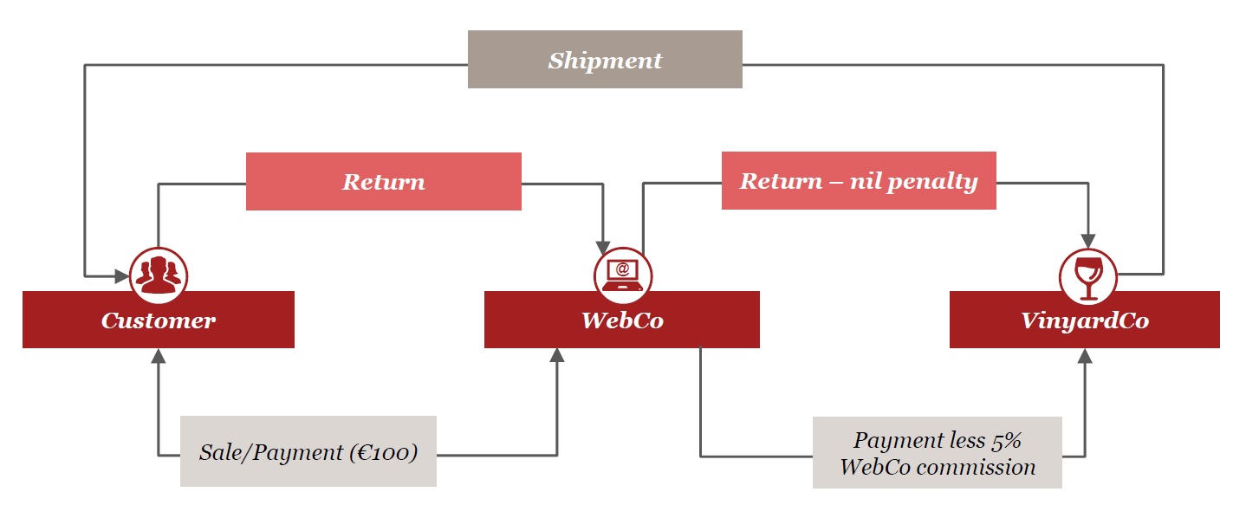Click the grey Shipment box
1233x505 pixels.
605,60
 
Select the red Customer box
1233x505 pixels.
159,320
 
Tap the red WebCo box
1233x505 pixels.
621,320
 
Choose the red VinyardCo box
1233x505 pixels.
1084,320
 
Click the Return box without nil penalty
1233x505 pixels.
383,182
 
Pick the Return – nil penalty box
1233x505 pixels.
858,181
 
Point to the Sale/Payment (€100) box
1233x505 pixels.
308,451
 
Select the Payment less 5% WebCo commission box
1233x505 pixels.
937,453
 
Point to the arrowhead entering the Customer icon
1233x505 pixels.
121,276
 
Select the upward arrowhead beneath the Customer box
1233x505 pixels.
159,355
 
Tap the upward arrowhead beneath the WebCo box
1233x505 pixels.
557,355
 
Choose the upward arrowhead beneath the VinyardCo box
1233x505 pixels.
1084,355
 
